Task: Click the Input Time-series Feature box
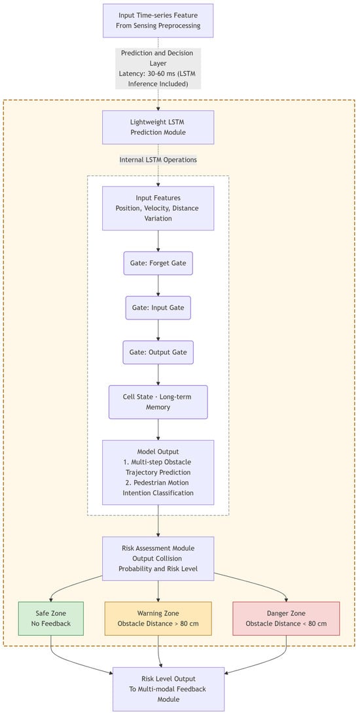(158, 20)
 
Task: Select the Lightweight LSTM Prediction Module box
(158, 127)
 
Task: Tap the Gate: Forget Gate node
(158, 263)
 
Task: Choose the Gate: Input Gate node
(158, 308)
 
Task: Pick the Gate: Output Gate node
(158, 352)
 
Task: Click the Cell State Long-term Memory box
(158, 402)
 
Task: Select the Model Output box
(158, 473)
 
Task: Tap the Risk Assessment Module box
(158, 559)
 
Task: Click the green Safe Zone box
(50, 618)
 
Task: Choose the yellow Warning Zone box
(158, 618)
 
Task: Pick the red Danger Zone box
(286, 618)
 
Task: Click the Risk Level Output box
(169, 689)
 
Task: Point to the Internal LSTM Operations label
(158, 160)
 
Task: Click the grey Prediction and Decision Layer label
(158, 68)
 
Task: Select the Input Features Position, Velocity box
(158, 208)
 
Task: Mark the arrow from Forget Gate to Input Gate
(158, 285)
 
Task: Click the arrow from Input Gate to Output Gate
(158, 330)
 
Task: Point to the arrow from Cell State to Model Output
(158, 429)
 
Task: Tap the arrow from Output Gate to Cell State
(158, 375)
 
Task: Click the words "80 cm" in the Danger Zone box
(315, 623)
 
